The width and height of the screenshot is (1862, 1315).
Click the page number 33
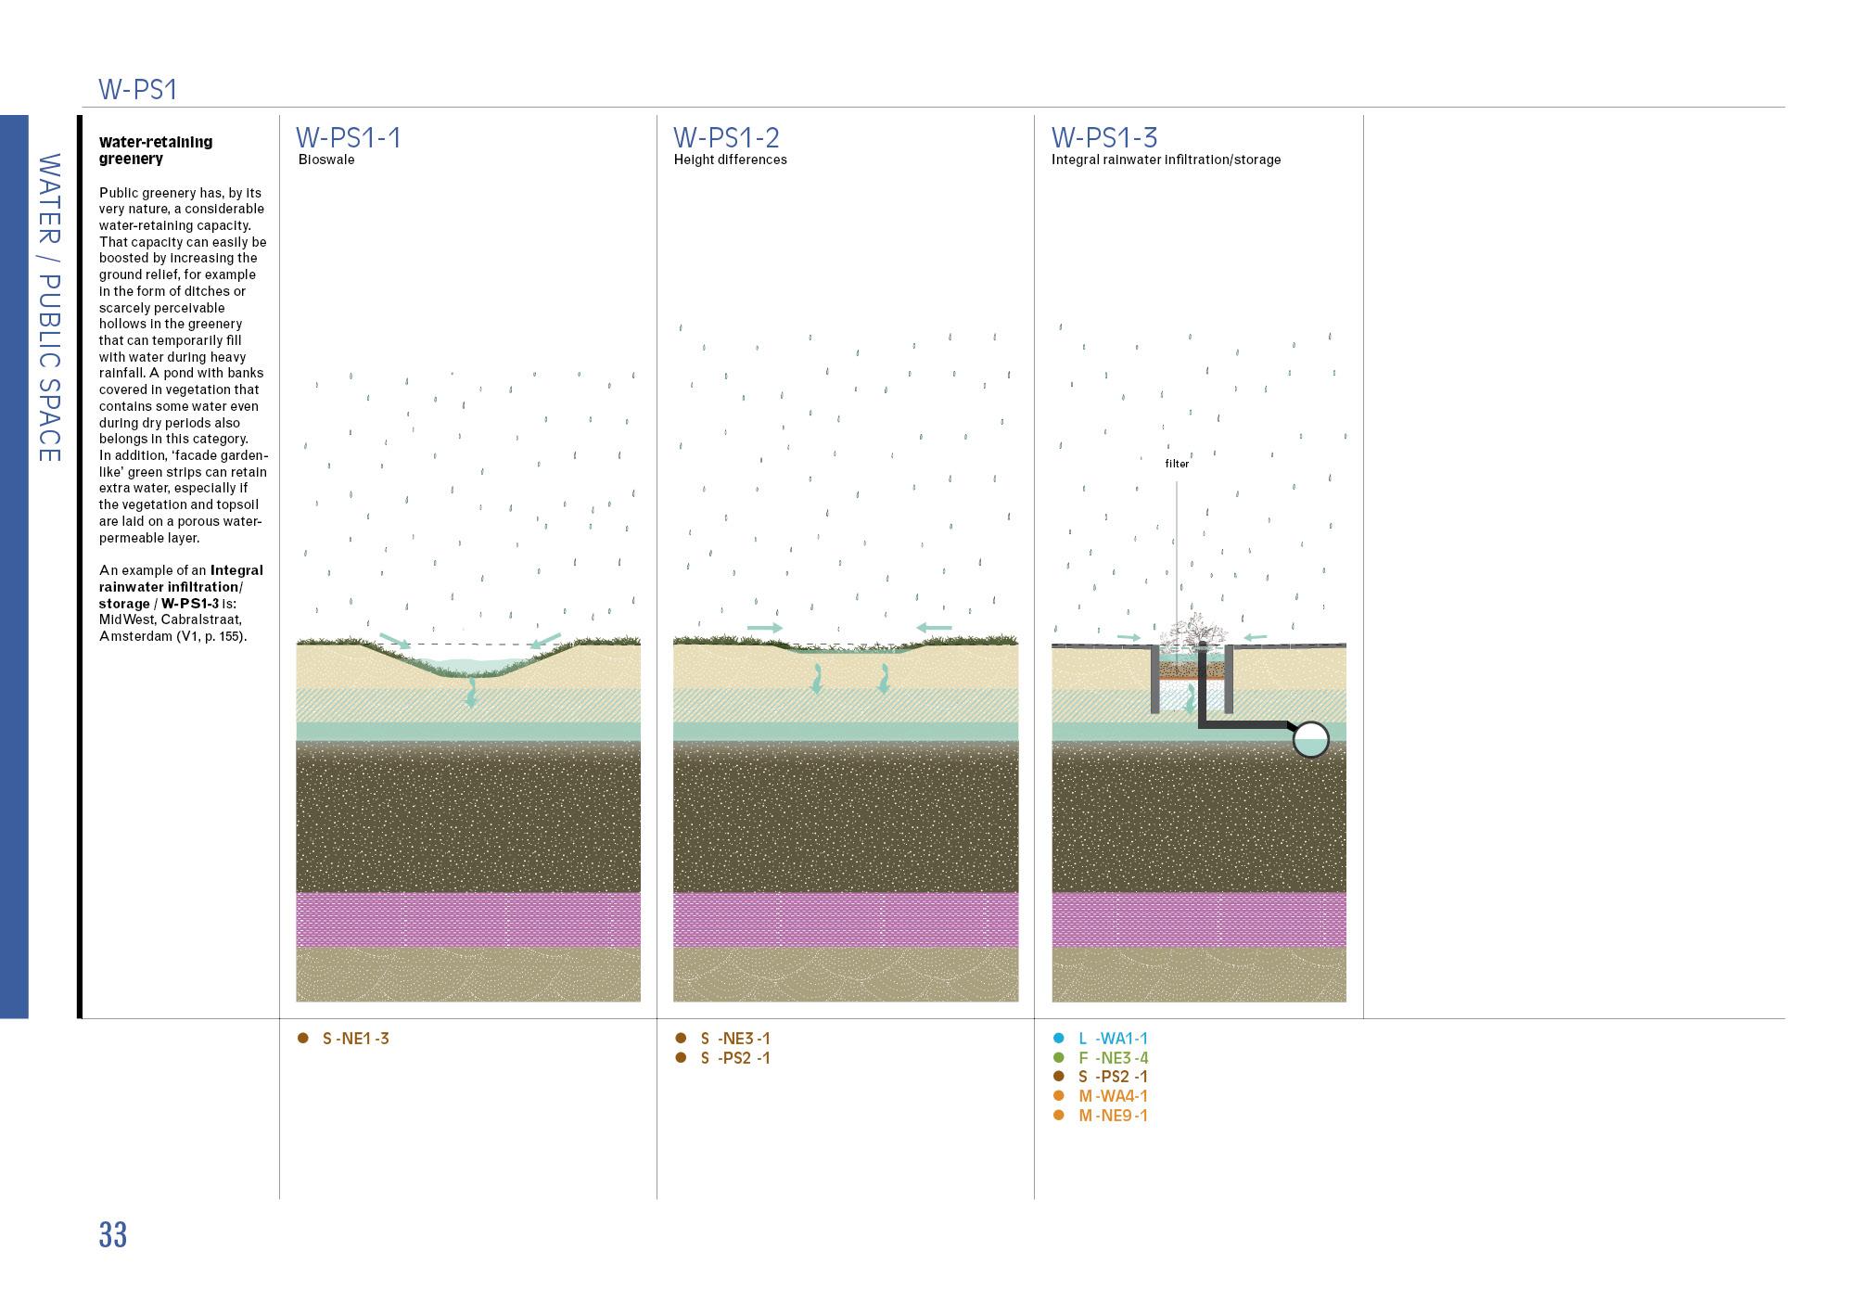coord(112,1235)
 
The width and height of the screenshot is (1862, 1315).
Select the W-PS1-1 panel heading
coord(348,138)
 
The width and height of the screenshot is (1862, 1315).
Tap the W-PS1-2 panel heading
coord(726,138)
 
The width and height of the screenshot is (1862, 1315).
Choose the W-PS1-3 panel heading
coord(1103,138)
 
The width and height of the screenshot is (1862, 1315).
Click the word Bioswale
coord(326,160)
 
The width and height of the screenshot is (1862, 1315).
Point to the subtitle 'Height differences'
coord(730,160)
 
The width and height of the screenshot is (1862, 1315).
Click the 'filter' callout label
coord(1177,464)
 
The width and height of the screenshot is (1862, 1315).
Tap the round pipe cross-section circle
coord(1310,740)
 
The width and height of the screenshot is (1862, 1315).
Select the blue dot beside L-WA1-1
coord(1059,1039)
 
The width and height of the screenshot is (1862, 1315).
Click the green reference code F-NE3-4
coord(1113,1058)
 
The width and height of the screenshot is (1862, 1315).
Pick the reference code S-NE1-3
coord(355,1039)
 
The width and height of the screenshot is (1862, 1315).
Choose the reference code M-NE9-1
coord(1113,1116)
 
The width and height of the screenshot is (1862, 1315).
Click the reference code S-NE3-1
coord(735,1039)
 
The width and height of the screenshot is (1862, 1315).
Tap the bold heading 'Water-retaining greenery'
coord(156,150)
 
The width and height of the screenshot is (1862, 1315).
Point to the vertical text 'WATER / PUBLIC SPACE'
coord(49,308)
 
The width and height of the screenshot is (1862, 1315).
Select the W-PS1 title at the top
coord(137,90)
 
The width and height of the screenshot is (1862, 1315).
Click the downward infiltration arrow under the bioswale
coord(472,692)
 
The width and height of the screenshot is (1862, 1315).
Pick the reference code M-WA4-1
coord(1113,1096)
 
